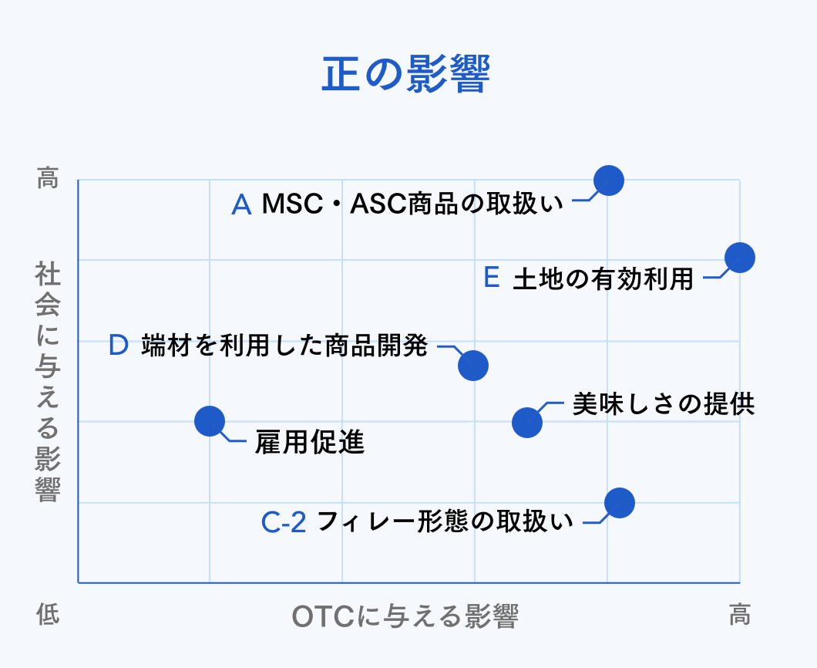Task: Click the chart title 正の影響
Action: pos(406,74)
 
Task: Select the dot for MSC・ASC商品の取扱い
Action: pos(609,180)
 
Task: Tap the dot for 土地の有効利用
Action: pos(740,258)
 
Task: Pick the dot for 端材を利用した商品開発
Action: pos(473,365)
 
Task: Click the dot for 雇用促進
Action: pos(210,421)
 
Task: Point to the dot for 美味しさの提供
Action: pos(526,423)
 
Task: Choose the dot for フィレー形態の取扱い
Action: pos(620,503)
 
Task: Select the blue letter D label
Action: pos(118,346)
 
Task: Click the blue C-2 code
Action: pos(284,522)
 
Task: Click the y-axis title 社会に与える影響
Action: pos(48,381)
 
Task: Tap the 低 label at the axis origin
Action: pos(48,614)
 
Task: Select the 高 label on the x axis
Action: pos(740,614)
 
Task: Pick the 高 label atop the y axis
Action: pos(48,177)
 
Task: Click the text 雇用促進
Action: pos(310,443)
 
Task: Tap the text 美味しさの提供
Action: pos(664,404)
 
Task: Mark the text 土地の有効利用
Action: pos(603,278)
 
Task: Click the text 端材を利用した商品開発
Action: pos(284,346)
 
